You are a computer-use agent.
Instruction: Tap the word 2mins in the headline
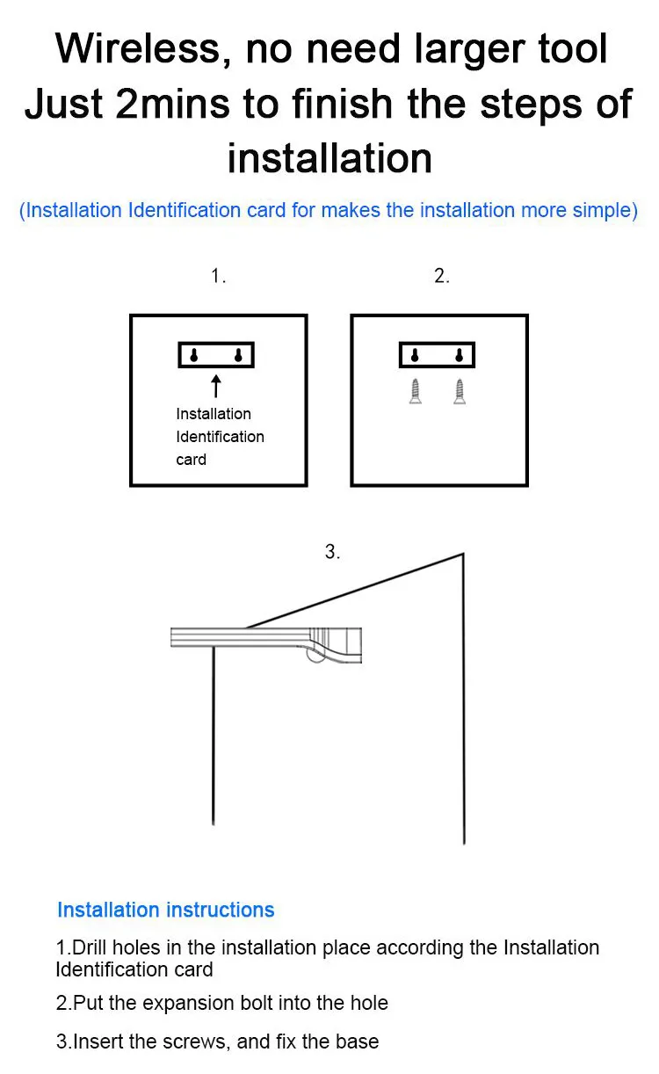point(172,104)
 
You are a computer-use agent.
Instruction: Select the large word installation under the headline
point(329,158)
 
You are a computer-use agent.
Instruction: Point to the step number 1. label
point(219,276)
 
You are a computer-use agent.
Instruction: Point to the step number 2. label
point(442,276)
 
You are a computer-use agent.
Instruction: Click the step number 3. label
point(332,551)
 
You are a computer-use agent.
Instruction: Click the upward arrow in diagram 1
point(216,386)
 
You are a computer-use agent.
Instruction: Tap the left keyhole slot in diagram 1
point(193,355)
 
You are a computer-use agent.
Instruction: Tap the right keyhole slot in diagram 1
point(238,355)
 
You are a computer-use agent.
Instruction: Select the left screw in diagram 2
point(416,392)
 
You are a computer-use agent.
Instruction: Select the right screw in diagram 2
point(460,392)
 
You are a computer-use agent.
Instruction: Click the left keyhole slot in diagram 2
point(415,355)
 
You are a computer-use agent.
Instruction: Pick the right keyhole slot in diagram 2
point(460,355)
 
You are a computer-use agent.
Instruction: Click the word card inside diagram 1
point(192,460)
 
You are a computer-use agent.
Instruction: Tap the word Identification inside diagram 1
point(220,437)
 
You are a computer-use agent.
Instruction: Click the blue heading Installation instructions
point(166,910)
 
